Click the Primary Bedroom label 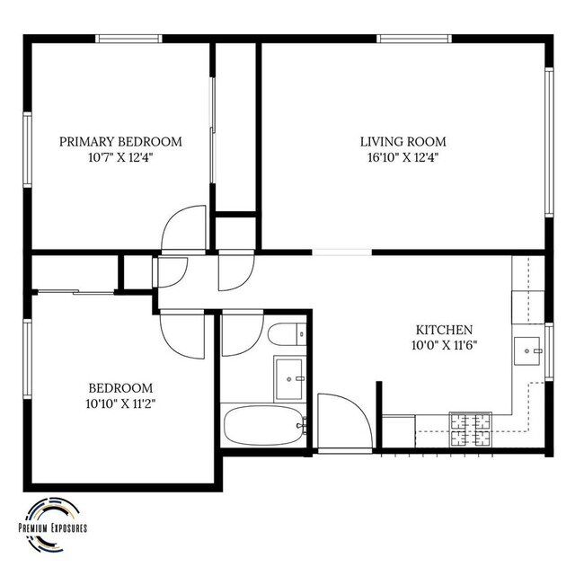coord(120,142)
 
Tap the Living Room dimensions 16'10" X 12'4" coord(403,157)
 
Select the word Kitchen coord(444,330)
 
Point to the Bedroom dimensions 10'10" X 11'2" coord(120,403)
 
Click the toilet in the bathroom coord(287,334)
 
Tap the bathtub coord(264,425)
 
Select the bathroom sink coord(288,378)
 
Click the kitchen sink coord(527,351)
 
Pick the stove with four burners coord(471,430)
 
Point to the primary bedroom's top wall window coord(128,39)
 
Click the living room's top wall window coord(414,39)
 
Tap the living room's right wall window coord(549,142)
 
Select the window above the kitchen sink coord(549,351)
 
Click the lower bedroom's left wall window coord(28,359)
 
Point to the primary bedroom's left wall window coord(28,150)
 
